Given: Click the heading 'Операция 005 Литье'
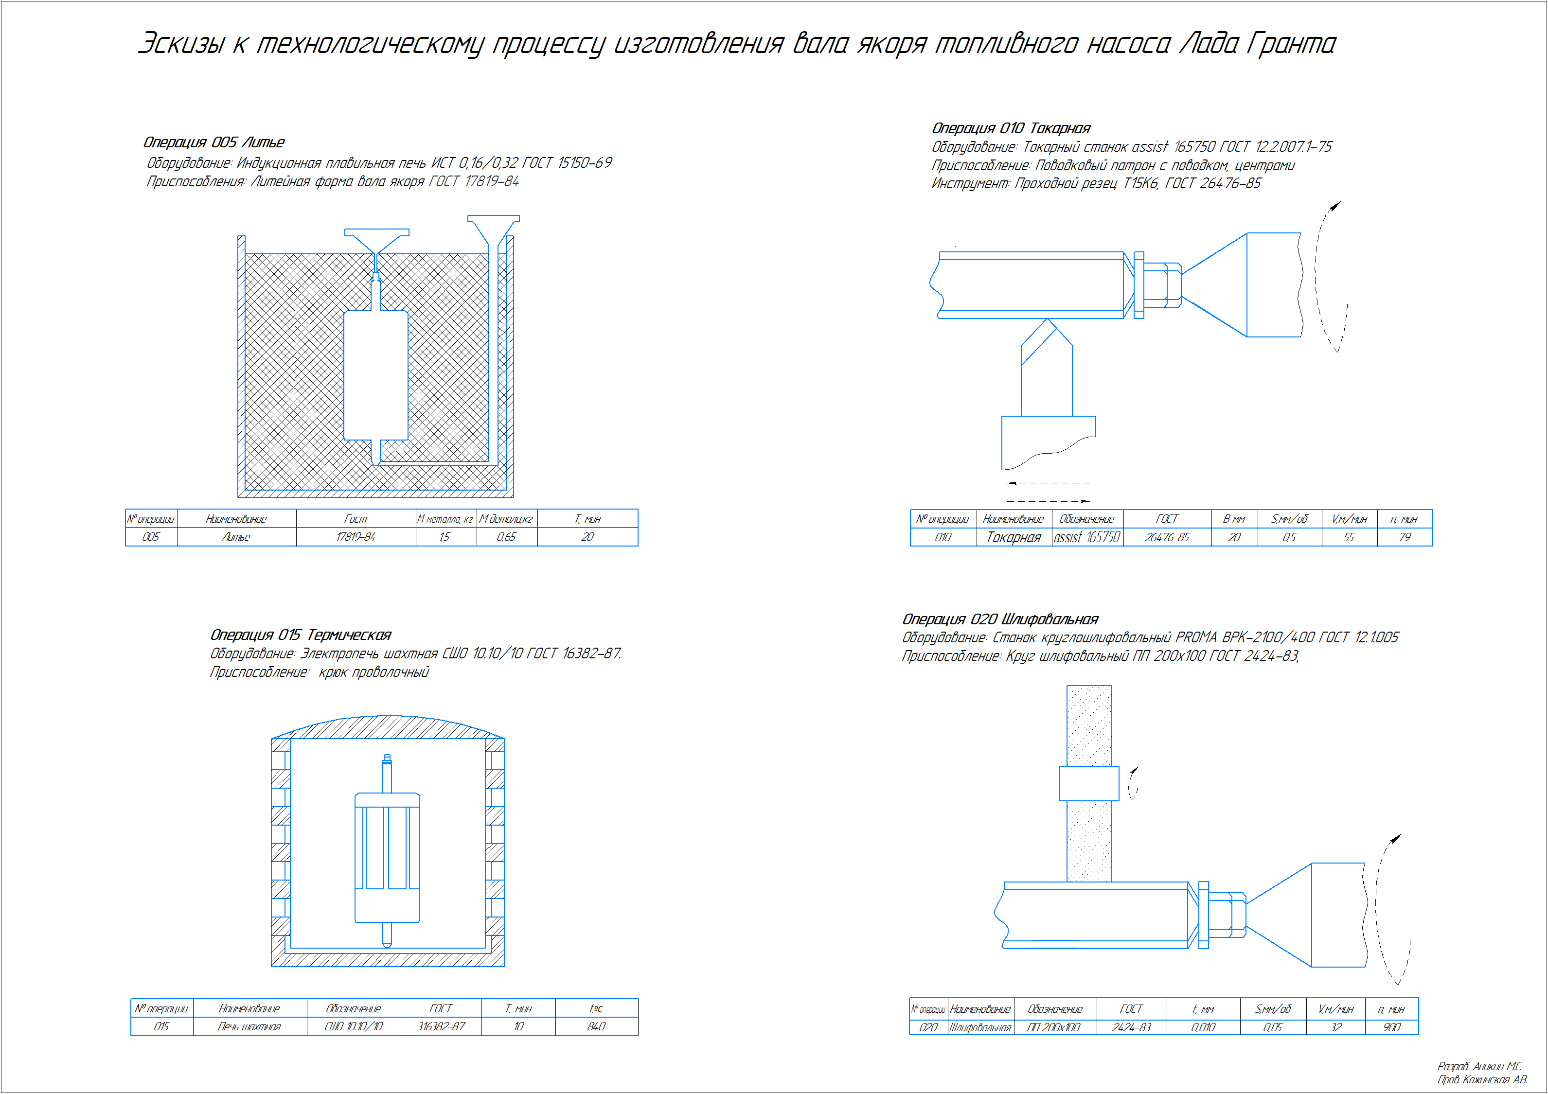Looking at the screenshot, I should [x=214, y=142].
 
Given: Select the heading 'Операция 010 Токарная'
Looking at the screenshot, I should [x=1011, y=128].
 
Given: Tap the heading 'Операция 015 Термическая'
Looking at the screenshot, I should [x=301, y=635].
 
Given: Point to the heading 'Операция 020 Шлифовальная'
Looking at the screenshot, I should [x=1000, y=619].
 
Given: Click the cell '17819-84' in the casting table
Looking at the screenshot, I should [x=356, y=537].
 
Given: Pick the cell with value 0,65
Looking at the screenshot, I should [x=506, y=537].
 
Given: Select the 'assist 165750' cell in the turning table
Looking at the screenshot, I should [x=1087, y=537].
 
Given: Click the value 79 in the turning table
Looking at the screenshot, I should [x=1405, y=537].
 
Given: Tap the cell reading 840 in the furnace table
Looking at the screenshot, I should [x=596, y=1026].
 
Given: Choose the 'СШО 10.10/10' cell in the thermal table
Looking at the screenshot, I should [x=353, y=1026].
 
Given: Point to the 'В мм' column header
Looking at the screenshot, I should [x=1234, y=519].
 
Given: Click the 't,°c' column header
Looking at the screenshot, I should [x=596, y=1008].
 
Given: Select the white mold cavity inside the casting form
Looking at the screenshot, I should [x=375, y=375].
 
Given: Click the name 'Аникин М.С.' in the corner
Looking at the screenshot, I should [x=1497, y=1066].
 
